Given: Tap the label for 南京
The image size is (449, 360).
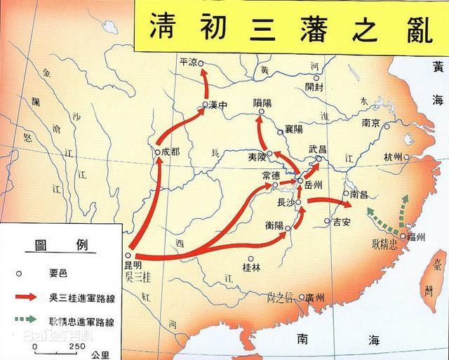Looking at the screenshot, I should pos(370,123).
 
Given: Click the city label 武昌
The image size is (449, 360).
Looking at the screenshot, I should pos(318,149).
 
